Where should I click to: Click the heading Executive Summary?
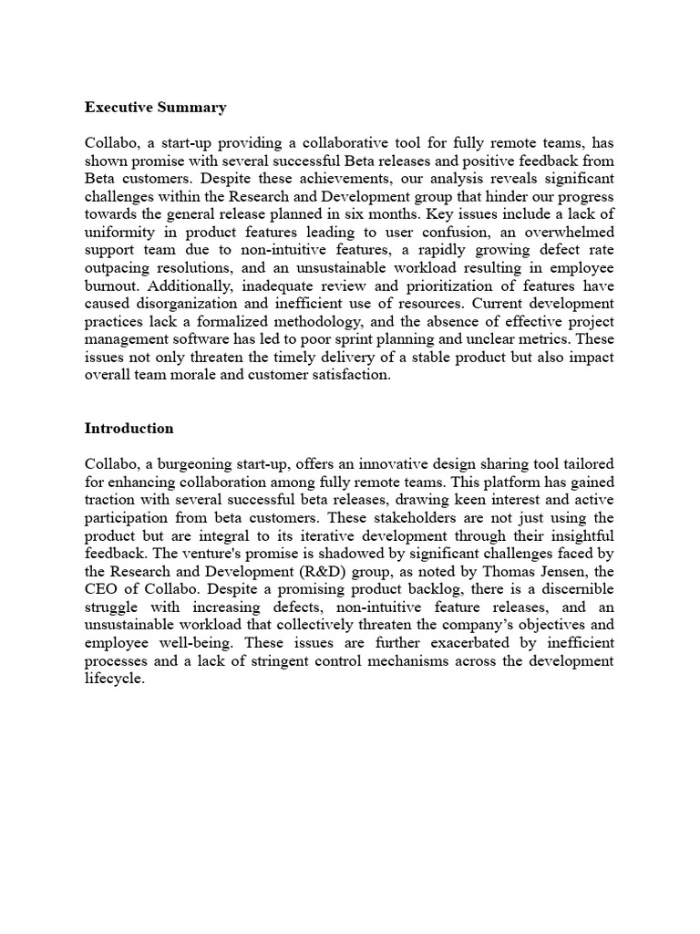pos(156,108)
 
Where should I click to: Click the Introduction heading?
pos(129,428)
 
